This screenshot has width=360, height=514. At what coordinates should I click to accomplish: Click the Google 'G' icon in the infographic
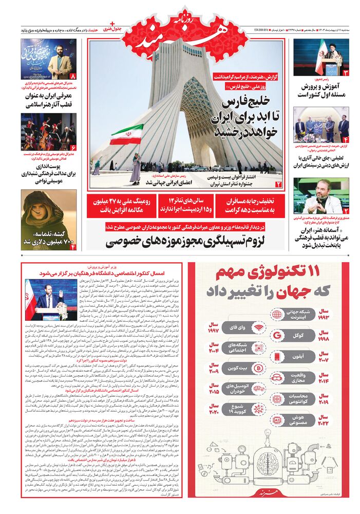click(x=278, y=336)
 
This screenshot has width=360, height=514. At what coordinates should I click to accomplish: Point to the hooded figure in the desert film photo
click(x=42, y=213)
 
